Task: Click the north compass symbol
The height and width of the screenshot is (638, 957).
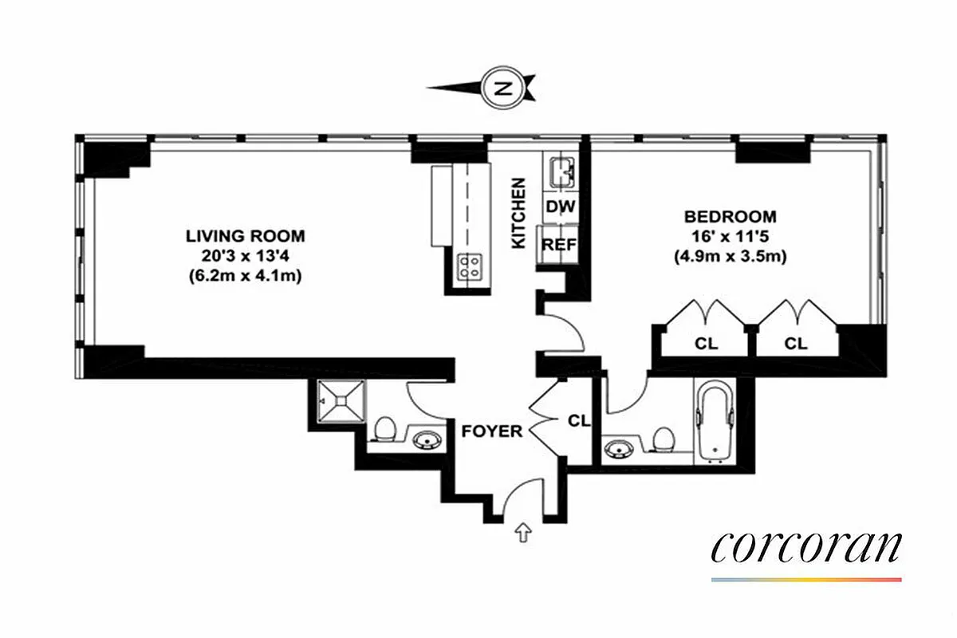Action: (x=501, y=87)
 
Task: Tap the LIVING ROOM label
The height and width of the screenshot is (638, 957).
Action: (x=245, y=236)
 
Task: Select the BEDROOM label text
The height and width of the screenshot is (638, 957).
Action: (x=730, y=216)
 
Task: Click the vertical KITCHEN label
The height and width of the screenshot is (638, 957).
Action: (x=519, y=212)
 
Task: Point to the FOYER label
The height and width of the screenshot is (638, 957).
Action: (x=492, y=431)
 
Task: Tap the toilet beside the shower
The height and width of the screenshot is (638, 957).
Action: (x=384, y=427)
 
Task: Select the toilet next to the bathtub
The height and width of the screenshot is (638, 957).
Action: (x=661, y=439)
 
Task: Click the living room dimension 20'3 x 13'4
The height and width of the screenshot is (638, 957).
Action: (x=246, y=256)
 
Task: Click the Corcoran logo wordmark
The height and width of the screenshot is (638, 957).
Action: (x=806, y=548)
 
